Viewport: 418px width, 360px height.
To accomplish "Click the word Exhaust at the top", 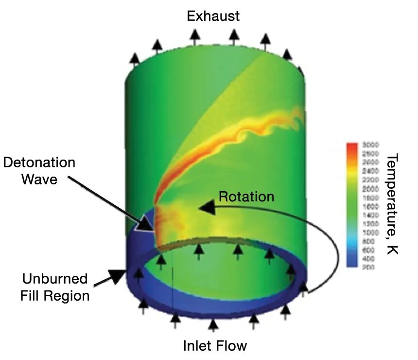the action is pos(213,16).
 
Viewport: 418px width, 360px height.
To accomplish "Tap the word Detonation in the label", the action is pos(39,162).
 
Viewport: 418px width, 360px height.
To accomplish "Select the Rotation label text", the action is pos(246,197).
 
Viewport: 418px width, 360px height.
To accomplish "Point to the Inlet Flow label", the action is pos(215,346).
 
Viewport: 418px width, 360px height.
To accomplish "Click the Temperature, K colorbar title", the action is pos(393,204).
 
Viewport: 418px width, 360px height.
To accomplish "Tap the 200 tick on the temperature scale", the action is pos(367,267).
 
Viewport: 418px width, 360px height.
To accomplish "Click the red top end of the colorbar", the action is pos(353,146).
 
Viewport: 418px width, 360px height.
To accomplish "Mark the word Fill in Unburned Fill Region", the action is pos(32,295).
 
